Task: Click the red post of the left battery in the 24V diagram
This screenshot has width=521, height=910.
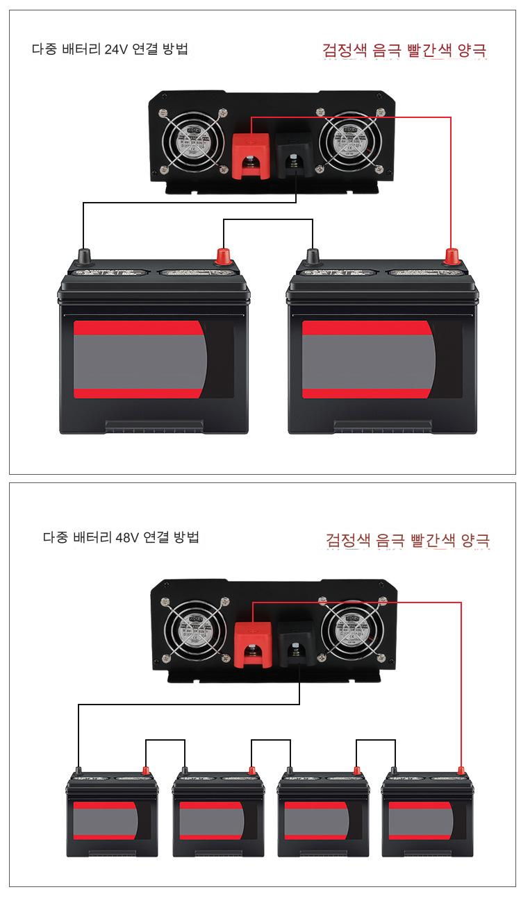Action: pyautogui.click(x=224, y=255)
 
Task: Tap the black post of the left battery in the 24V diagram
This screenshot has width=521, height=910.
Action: pyautogui.click(x=84, y=255)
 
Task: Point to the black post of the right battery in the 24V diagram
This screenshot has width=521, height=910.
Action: pyautogui.click(x=312, y=257)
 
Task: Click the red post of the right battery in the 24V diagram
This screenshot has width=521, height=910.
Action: pyautogui.click(x=452, y=255)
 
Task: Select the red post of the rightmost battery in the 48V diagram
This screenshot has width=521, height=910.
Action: pyautogui.click(x=461, y=769)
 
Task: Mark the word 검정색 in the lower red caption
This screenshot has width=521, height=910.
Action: pyautogui.click(x=348, y=539)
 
